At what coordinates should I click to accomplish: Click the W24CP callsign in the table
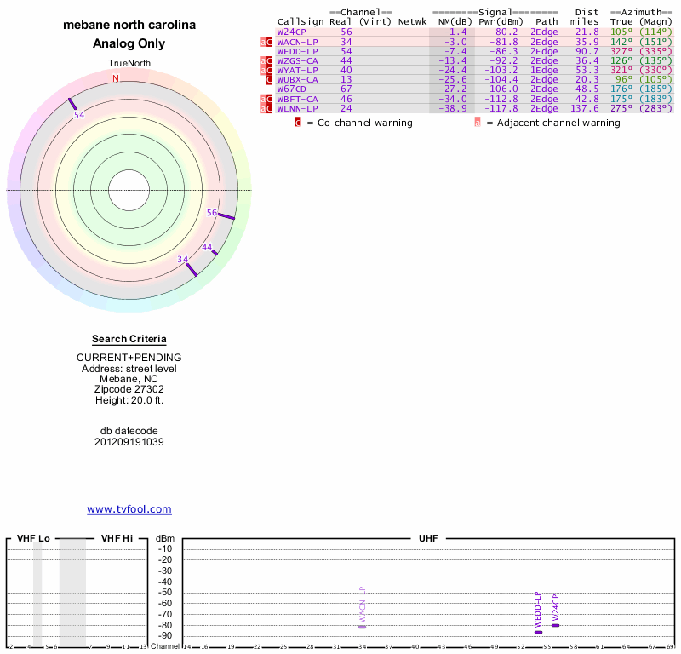click(x=291, y=32)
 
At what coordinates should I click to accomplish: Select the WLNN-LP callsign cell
click(x=297, y=108)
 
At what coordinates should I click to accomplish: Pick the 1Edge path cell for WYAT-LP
click(x=544, y=70)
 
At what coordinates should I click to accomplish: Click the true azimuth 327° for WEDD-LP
click(x=619, y=51)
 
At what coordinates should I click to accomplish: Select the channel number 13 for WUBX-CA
click(x=346, y=79)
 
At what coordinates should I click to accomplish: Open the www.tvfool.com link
click(x=129, y=509)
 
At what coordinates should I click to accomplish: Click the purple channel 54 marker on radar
click(x=72, y=103)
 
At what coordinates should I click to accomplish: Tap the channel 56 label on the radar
click(x=213, y=212)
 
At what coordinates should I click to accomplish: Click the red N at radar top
click(x=116, y=78)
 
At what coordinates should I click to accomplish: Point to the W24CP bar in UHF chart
click(x=555, y=625)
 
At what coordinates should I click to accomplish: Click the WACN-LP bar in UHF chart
click(x=362, y=627)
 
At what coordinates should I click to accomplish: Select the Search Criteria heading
click(x=129, y=339)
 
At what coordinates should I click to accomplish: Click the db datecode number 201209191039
click(x=129, y=442)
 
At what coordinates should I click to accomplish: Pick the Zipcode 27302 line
click(x=129, y=389)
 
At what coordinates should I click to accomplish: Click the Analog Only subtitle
click(x=129, y=43)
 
